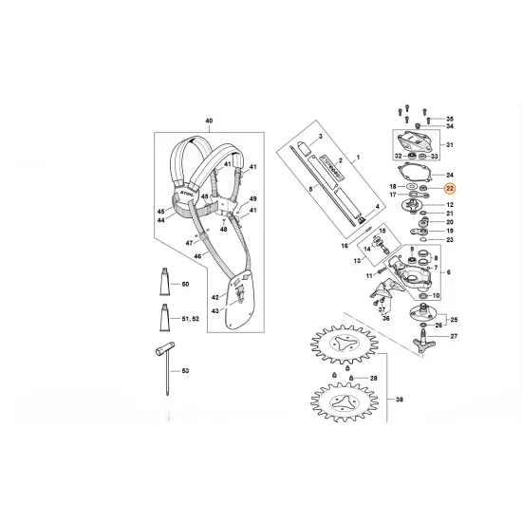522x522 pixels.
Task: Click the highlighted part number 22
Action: [450, 190]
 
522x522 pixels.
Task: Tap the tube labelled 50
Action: [165, 283]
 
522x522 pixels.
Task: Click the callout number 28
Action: [373, 379]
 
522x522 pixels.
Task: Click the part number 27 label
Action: [453, 337]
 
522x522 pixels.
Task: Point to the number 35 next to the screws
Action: [450, 118]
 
